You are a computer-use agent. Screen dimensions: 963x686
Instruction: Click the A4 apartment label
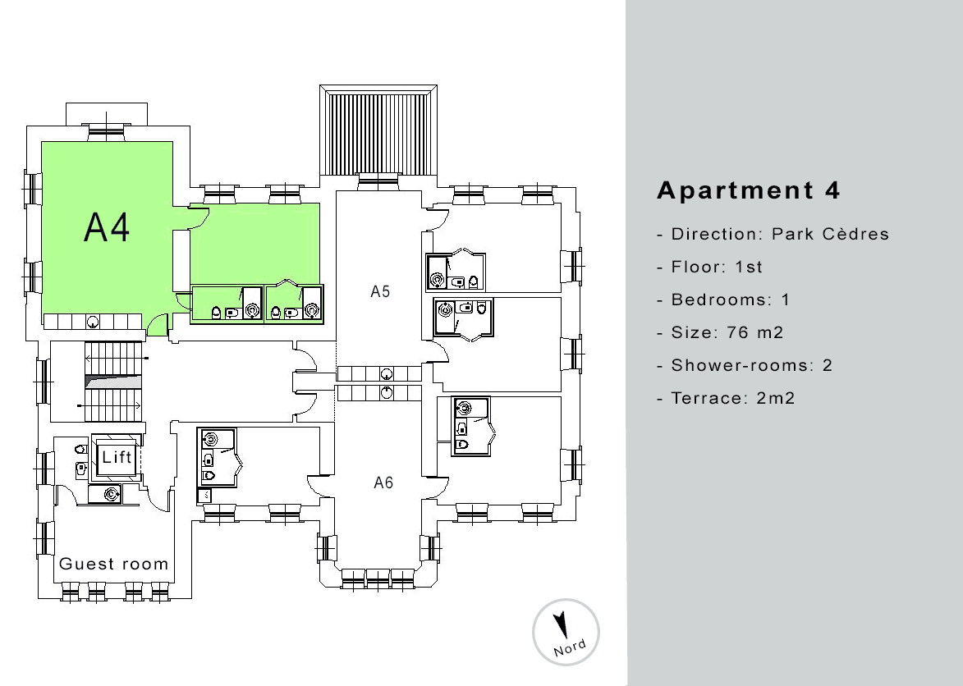106,227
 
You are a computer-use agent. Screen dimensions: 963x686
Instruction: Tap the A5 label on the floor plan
380,291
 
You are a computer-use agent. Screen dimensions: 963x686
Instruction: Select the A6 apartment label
383,482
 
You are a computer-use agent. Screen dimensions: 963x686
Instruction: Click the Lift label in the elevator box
117,457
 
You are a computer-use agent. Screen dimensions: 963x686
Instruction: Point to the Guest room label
113,564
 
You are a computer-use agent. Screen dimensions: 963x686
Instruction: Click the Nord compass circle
566,632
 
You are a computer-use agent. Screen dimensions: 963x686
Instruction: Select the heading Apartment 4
748,190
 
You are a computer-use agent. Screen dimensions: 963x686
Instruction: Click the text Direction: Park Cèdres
773,234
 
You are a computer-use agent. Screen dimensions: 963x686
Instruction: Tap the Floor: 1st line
709,267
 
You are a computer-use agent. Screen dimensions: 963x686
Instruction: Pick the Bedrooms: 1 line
722,300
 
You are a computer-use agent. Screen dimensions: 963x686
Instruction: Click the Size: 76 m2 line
720,332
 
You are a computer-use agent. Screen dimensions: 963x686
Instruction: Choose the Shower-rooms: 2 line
745,365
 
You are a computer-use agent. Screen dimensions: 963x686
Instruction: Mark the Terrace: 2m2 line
725,398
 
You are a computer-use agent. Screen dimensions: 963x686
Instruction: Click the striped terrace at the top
378,133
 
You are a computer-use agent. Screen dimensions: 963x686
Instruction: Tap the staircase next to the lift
113,382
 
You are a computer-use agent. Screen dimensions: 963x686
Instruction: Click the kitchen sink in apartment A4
93,321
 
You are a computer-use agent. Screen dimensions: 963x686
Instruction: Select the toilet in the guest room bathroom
80,449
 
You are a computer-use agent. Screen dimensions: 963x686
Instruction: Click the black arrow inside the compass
560,624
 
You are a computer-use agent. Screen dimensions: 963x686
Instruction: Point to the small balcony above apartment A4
107,114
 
